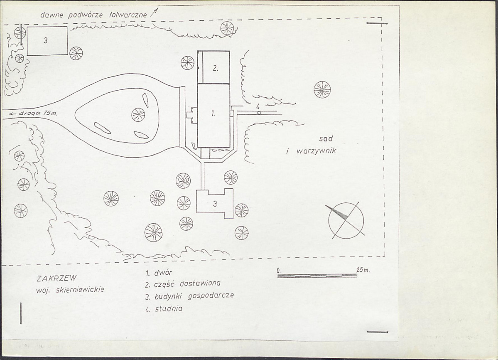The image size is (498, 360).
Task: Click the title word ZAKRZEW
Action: tap(56, 279)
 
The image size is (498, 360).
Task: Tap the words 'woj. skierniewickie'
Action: tap(70, 290)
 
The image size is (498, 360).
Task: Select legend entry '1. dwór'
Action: tap(159, 273)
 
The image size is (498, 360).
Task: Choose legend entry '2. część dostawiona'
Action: tap(183, 284)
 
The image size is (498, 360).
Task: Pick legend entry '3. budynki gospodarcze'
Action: tap(190, 296)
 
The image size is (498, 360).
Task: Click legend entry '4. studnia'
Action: tap(164, 308)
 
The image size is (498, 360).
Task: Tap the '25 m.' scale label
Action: tap(363, 270)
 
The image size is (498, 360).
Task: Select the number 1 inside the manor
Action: tap(213, 113)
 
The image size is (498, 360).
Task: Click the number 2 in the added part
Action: tap(215, 68)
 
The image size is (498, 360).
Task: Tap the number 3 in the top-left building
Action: tap(46, 41)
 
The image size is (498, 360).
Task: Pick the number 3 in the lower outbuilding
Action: tap(215, 204)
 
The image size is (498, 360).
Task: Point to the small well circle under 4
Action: tap(259, 112)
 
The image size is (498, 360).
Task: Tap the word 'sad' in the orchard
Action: tap(326, 138)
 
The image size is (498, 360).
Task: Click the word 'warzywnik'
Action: tap(316, 150)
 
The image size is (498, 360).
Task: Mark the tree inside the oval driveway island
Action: tap(138, 114)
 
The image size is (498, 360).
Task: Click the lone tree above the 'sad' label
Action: tap(322, 90)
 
